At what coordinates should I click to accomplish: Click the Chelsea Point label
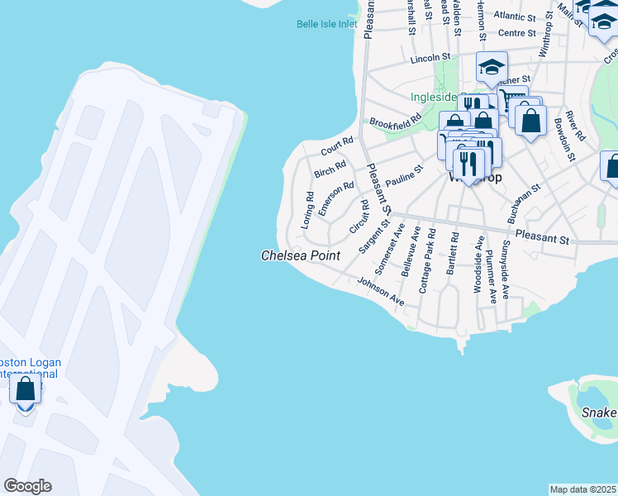(x=301, y=256)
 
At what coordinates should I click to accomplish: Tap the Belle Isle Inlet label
(x=327, y=24)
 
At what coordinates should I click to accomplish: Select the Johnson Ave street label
(x=380, y=292)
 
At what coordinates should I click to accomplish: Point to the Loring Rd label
(x=308, y=210)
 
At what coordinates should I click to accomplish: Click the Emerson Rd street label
(x=336, y=198)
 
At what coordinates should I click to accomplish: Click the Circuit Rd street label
(x=359, y=216)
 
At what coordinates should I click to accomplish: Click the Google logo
(x=27, y=486)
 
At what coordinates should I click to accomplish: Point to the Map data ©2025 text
(x=582, y=489)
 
